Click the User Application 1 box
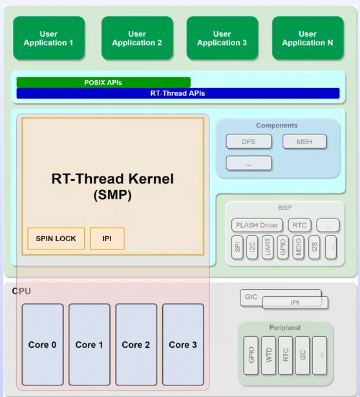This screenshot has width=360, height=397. (49, 38)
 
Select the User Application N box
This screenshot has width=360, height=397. (308, 38)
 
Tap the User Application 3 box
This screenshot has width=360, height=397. (222, 38)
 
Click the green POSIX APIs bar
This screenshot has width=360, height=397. (103, 82)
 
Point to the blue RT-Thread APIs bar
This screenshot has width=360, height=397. (178, 93)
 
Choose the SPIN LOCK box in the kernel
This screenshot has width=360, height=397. (56, 239)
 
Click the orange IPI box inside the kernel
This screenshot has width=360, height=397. (107, 239)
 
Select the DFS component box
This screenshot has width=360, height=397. (249, 142)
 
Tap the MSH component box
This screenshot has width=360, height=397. (304, 142)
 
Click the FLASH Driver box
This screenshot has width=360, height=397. (257, 225)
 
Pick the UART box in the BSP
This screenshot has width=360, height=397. (268, 248)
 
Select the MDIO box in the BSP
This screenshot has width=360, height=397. (298, 248)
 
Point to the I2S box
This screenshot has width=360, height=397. (314, 248)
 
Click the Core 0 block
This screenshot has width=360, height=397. (43, 345)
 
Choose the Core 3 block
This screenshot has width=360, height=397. (183, 345)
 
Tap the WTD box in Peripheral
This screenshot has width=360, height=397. (268, 355)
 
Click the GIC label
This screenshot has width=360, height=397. (251, 297)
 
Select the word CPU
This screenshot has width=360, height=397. (21, 291)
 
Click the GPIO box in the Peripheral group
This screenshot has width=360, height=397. (251, 355)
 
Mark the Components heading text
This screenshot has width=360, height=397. (277, 125)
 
